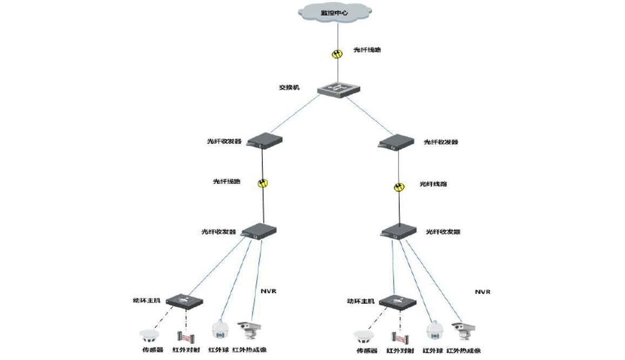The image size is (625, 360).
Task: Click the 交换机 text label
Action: (289, 88)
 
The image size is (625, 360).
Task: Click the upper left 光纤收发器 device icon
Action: (264, 142)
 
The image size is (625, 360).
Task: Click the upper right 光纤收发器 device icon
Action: (397, 142)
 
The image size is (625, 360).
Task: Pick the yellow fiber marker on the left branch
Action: (262, 183)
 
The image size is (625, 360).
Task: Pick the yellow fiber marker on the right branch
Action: (399, 186)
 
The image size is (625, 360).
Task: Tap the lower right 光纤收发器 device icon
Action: (400, 231)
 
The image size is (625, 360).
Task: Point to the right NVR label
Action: (483, 291)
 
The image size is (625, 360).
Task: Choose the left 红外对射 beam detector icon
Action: (186, 337)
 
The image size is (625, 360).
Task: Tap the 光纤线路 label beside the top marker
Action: (368, 50)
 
